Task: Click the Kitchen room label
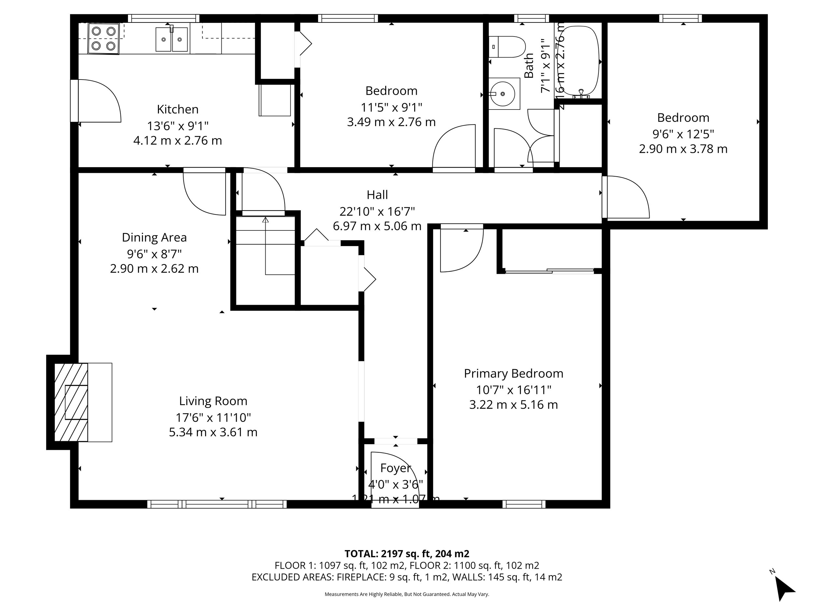(x=177, y=109)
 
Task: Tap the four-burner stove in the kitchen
(x=104, y=39)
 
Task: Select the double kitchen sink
(x=172, y=39)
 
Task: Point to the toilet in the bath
(x=508, y=47)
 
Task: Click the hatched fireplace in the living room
(x=71, y=402)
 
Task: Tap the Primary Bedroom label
(x=513, y=373)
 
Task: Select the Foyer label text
(x=395, y=468)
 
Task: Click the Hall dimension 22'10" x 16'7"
(x=377, y=211)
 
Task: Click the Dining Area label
(x=154, y=238)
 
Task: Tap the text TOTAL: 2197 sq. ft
(x=407, y=554)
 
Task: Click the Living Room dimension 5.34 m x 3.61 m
(x=213, y=432)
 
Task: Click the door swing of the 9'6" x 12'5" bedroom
(x=627, y=197)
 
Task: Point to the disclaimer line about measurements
(x=407, y=594)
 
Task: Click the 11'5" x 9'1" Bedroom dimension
(x=391, y=108)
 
